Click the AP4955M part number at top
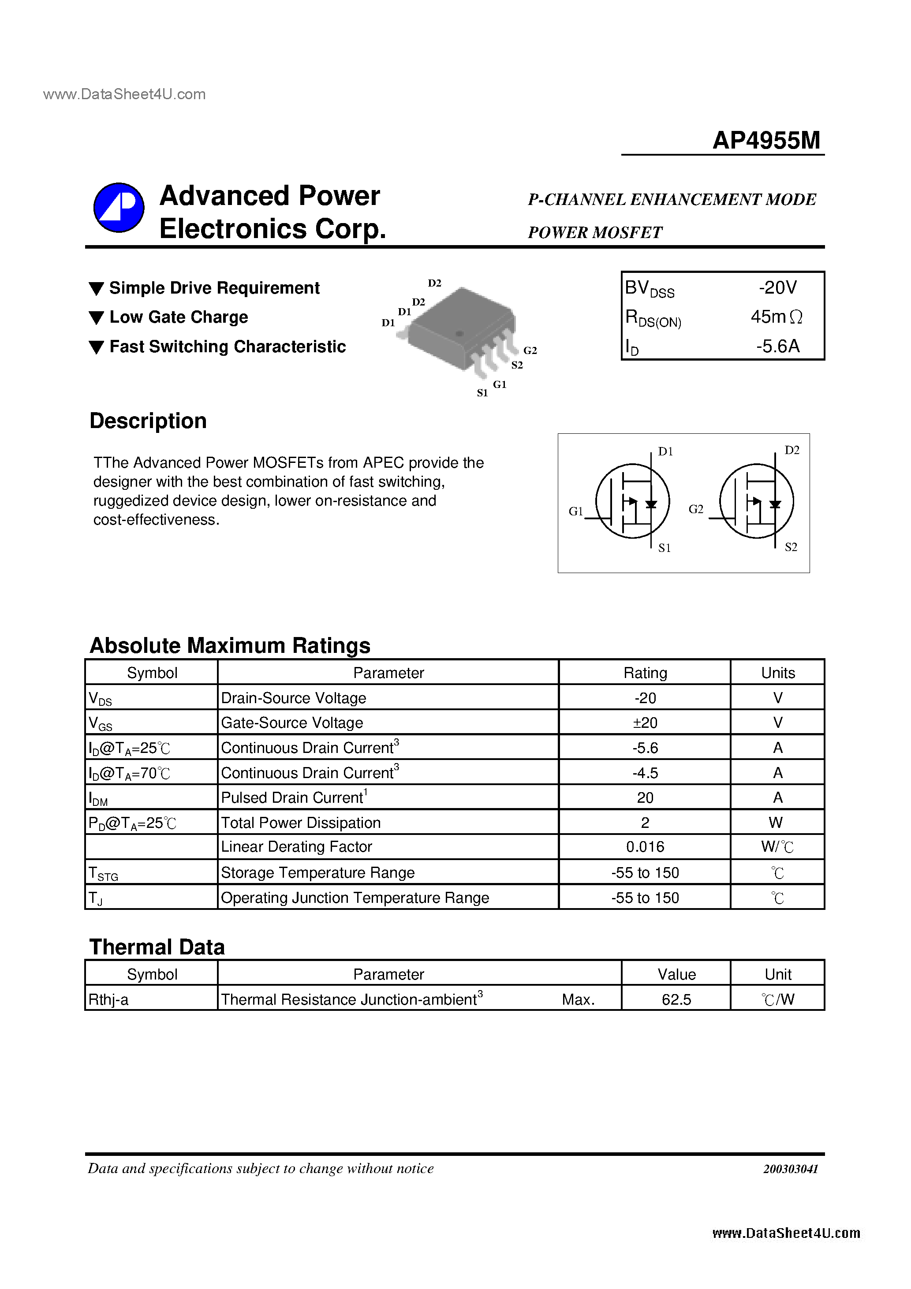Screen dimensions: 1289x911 coord(766,140)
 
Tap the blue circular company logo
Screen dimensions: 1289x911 coord(119,207)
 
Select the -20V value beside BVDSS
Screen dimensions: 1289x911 coord(777,288)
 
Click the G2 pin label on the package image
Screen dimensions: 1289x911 coord(530,350)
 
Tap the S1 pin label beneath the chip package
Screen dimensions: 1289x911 coord(482,393)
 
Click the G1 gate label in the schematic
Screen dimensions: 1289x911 coord(576,511)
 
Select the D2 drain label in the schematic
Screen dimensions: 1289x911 coord(792,450)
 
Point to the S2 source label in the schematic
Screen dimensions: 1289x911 coord(790,547)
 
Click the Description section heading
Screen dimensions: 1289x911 coord(148,421)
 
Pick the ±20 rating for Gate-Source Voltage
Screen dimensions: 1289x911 coord(645,723)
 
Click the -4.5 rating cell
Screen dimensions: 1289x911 coord(645,773)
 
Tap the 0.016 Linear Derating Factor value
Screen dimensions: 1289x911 coord(645,846)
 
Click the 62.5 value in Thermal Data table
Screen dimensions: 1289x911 coord(676,999)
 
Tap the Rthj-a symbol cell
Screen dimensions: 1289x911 coord(108,1000)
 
